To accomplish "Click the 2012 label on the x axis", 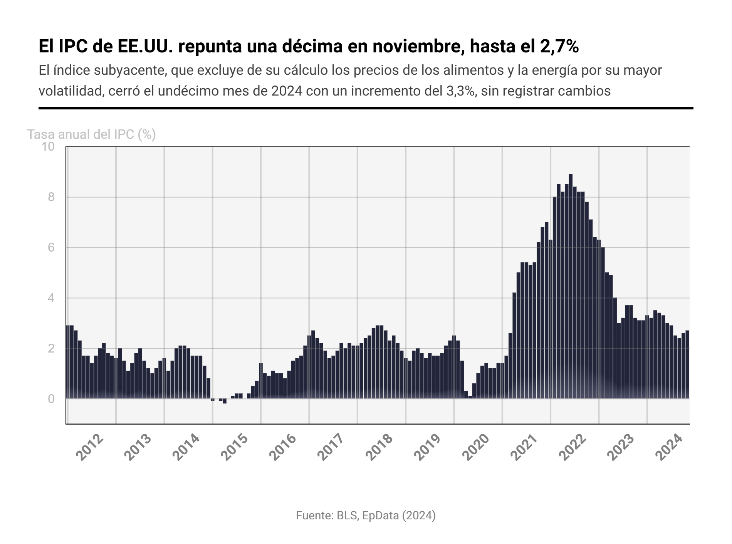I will pyautogui.click(x=90, y=448).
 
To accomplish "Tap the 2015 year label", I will pyautogui.click(x=235, y=448).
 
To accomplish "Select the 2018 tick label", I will pyautogui.click(x=380, y=448).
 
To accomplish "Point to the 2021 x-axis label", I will pyautogui.click(x=525, y=448).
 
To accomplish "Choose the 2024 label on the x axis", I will pyautogui.click(x=669, y=448).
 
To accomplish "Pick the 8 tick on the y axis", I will pyautogui.click(x=51, y=197).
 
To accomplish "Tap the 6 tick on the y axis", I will pyautogui.click(x=51, y=248).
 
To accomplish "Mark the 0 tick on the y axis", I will pyautogui.click(x=51, y=399).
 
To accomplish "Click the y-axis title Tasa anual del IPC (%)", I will pyautogui.click(x=92, y=134).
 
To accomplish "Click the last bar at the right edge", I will pyautogui.click(x=687, y=364).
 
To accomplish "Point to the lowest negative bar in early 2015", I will pyautogui.click(x=225, y=401).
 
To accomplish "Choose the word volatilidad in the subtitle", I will pyautogui.click(x=71, y=91).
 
